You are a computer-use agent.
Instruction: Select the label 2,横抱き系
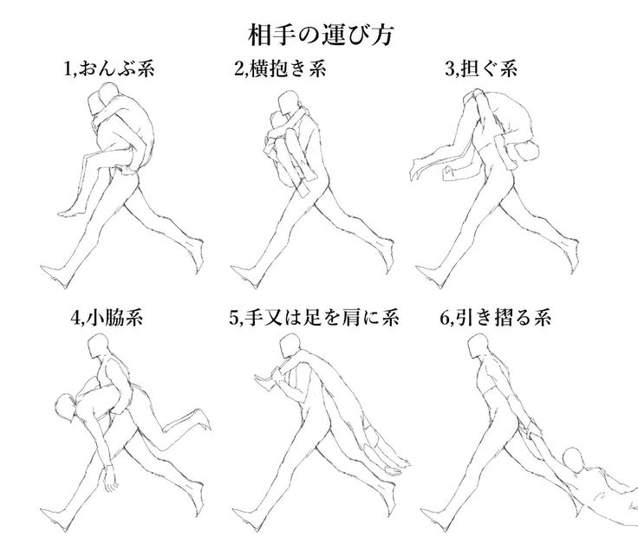[280, 70]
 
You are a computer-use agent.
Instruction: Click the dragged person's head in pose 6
[573, 457]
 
